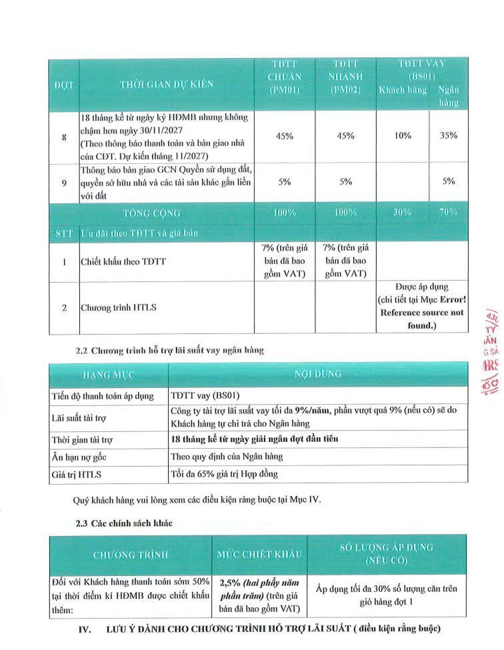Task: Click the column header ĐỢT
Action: pyautogui.click(x=63, y=85)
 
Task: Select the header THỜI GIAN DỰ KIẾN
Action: pyautogui.click(x=167, y=85)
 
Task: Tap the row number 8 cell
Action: pyautogui.click(x=63, y=136)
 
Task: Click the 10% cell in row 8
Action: pyautogui.click(x=403, y=136)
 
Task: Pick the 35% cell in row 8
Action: pyautogui.click(x=448, y=136)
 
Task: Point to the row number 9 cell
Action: pyautogui.click(x=63, y=182)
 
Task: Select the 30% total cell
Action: pyautogui.click(x=403, y=213)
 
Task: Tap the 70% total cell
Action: pyautogui.click(x=448, y=213)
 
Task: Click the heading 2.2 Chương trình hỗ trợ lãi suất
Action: pyautogui.click(x=169, y=351)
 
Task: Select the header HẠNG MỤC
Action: pyautogui.click(x=107, y=375)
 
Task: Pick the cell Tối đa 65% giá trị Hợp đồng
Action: pyautogui.click(x=223, y=474)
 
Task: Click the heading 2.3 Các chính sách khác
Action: pyautogui.click(x=124, y=523)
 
